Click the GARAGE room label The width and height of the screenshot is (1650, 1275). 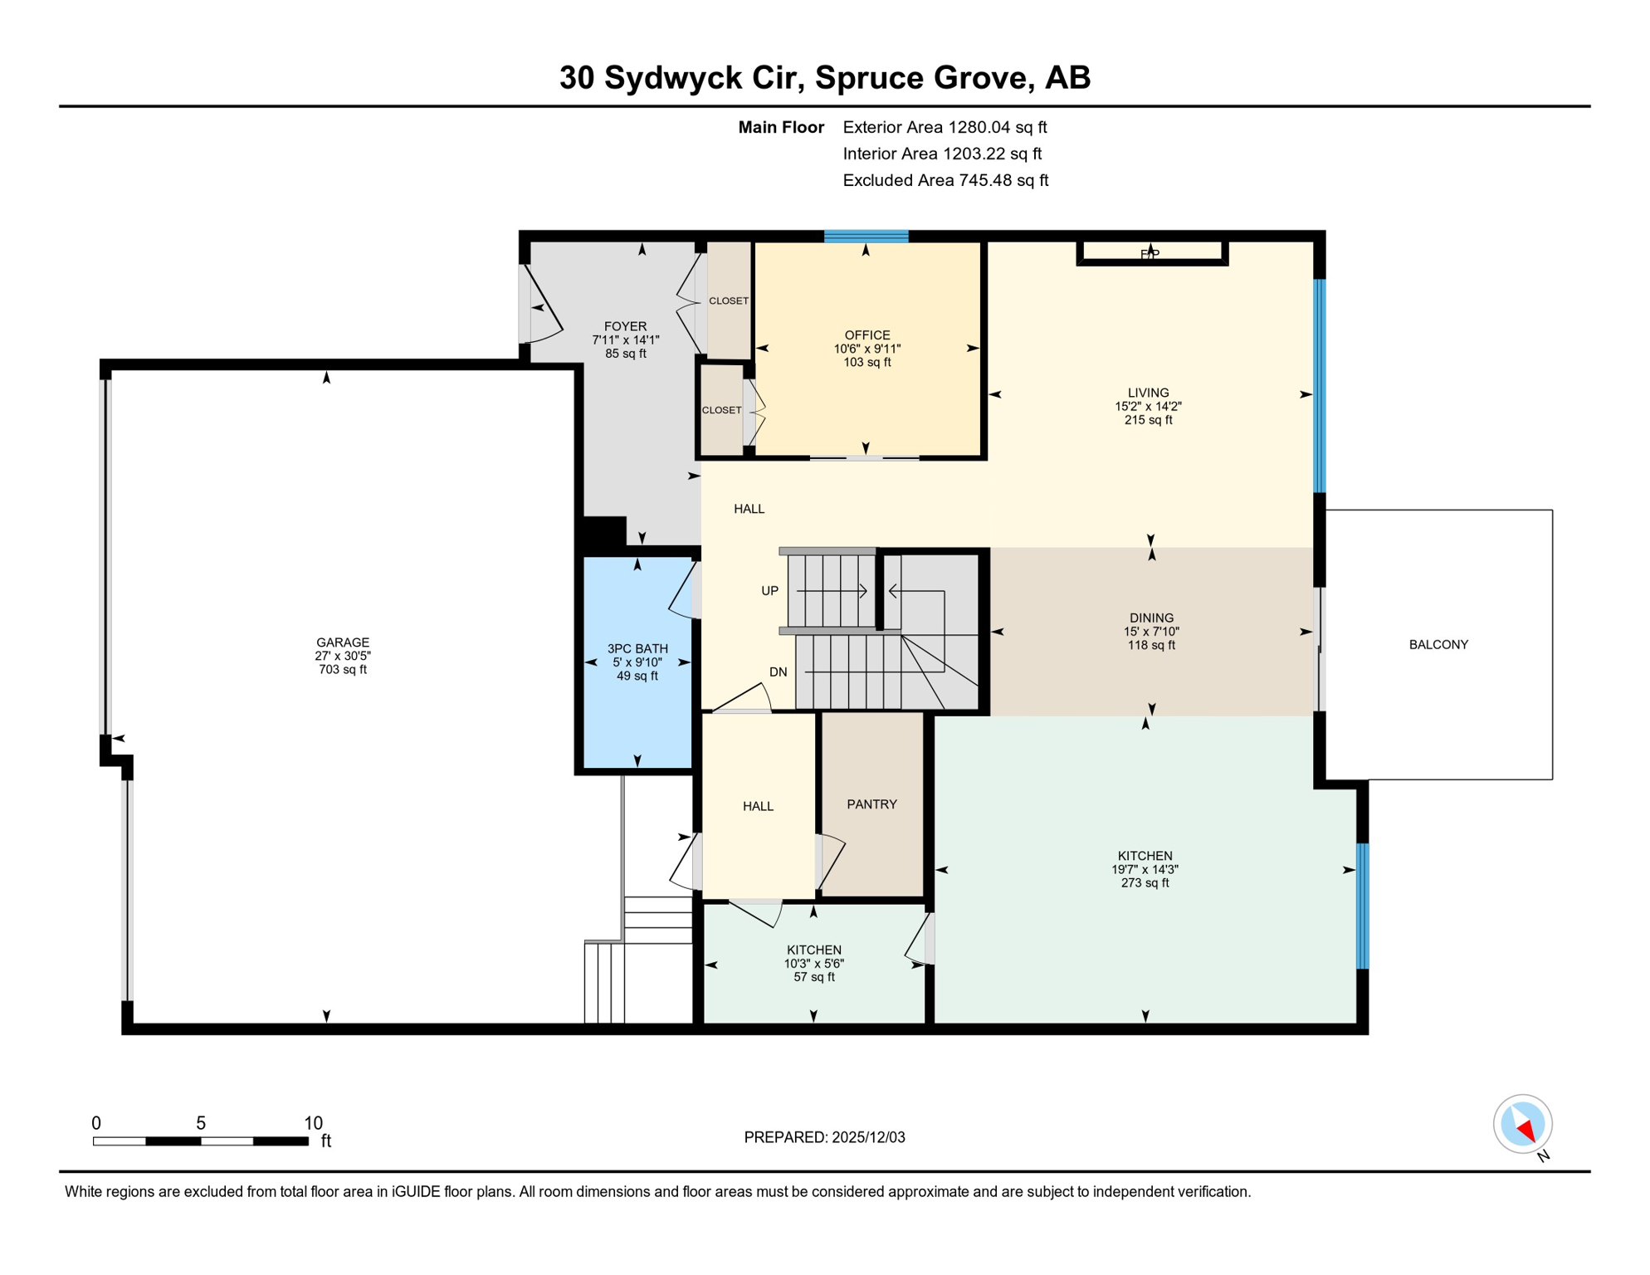click(342, 642)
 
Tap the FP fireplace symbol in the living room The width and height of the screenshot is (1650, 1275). click(1150, 253)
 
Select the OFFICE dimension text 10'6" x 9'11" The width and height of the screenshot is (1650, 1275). click(867, 349)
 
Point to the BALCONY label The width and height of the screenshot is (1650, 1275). click(1438, 645)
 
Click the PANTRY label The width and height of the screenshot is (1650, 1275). click(871, 804)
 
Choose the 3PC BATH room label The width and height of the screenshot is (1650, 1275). click(637, 649)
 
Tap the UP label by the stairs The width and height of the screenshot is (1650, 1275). click(769, 591)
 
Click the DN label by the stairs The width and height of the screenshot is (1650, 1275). click(778, 672)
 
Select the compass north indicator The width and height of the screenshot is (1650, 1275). click(1522, 1125)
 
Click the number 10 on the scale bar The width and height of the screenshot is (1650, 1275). click(313, 1123)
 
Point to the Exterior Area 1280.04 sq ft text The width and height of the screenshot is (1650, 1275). click(945, 127)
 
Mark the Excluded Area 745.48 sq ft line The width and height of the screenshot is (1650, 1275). click(945, 180)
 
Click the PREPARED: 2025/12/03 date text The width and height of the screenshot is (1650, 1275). click(824, 1137)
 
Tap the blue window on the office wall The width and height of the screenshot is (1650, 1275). click(866, 237)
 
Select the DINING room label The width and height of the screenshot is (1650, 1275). click(1151, 618)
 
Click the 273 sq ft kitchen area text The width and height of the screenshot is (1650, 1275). click(1145, 883)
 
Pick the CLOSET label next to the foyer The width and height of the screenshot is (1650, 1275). click(729, 301)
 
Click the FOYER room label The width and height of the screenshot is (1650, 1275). click(625, 327)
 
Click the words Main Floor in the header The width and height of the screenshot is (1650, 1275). click(781, 127)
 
